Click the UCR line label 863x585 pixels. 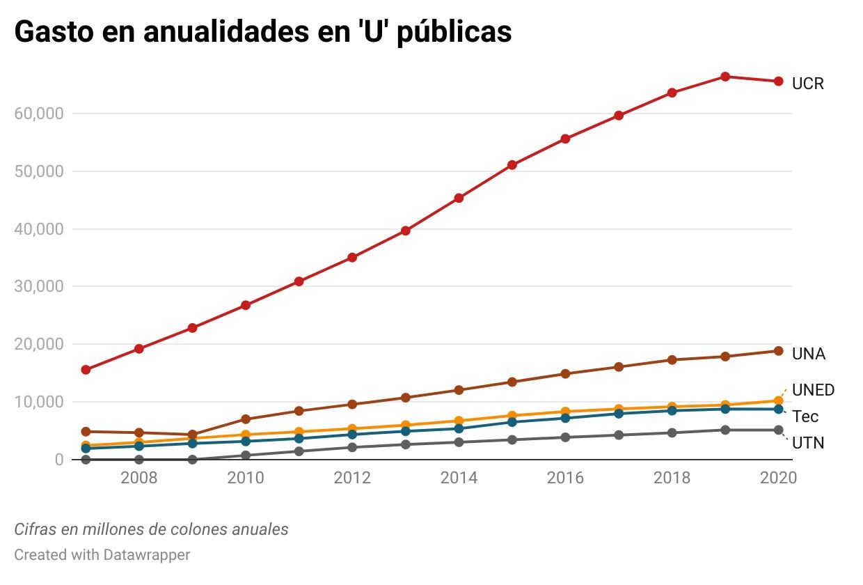coord(807,84)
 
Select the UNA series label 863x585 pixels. coord(808,354)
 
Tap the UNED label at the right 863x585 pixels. coord(813,390)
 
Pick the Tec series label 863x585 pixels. coord(805,416)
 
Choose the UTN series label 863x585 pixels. coord(808,443)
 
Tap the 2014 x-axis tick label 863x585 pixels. coord(459,478)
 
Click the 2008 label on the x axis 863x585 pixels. coord(138,478)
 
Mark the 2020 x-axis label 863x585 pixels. coord(778,478)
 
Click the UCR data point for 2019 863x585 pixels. coord(725,77)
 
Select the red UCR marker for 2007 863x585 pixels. coord(86,370)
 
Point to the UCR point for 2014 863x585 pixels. coord(459,198)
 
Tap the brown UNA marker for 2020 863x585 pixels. coord(778,351)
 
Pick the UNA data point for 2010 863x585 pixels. coord(246,419)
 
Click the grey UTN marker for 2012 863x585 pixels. coord(352,447)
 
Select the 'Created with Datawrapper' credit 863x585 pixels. coord(102,555)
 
